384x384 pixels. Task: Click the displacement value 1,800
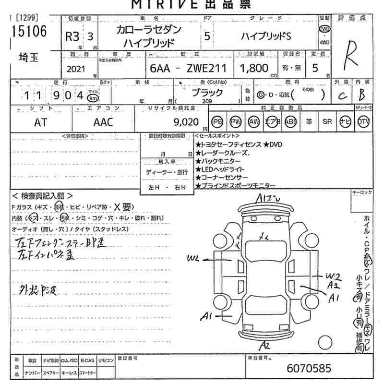(254, 68)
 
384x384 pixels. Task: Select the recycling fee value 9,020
(188, 122)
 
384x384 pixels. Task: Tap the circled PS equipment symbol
(217, 122)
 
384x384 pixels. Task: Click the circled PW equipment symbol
(236, 122)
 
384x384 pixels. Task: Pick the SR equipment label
(327, 122)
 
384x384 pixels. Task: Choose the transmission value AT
(41, 122)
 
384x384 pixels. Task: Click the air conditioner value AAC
(103, 122)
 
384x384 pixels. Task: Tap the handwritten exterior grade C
(342, 96)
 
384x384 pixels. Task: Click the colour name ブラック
(207, 92)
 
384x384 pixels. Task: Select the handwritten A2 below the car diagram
(264, 345)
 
